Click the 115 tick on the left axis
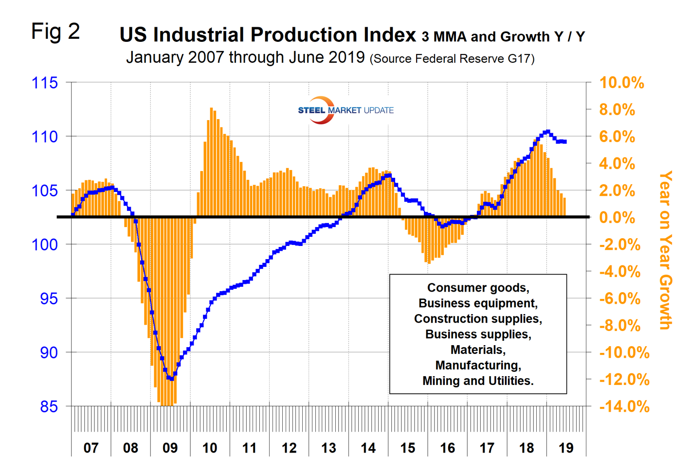pos(44,83)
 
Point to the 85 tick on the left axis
pos(49,406)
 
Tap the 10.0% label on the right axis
pos(621,83)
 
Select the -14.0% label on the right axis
pos(624,406)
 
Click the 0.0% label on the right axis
pos(617,218)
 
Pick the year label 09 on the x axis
pos(170,448)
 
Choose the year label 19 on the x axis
pos(566,448)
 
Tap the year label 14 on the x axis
pos(368,448)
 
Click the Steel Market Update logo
pos(345,110)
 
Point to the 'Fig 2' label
pos(55,32)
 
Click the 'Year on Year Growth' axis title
pos(665,250)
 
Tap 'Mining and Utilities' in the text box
pos(477,381)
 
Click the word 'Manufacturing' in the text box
pos(477,366)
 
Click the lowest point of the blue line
pos(171,378)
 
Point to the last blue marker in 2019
pos(564,142)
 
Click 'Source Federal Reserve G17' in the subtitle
pos(452,59)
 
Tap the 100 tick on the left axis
pos(44,245)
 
